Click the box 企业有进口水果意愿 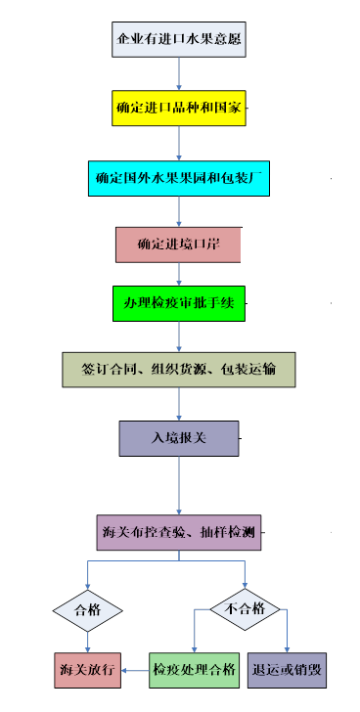(178, 41)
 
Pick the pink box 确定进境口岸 (178, 244)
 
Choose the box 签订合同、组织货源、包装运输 (178, 369)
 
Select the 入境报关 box (178, 438)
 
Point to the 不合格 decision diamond (246, 610)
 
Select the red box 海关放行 (87, 671)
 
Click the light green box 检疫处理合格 (194, 671)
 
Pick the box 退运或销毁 (286, 671)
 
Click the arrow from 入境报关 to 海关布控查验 (178, 485)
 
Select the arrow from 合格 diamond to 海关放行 (87, 641)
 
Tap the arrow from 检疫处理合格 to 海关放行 (135, 671)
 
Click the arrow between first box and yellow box (178, 73)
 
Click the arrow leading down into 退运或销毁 (287, 636)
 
